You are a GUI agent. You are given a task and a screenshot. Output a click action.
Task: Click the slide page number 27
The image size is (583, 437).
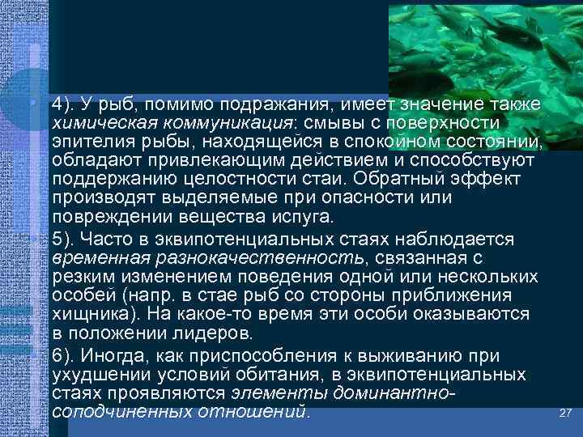coord(566,413)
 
